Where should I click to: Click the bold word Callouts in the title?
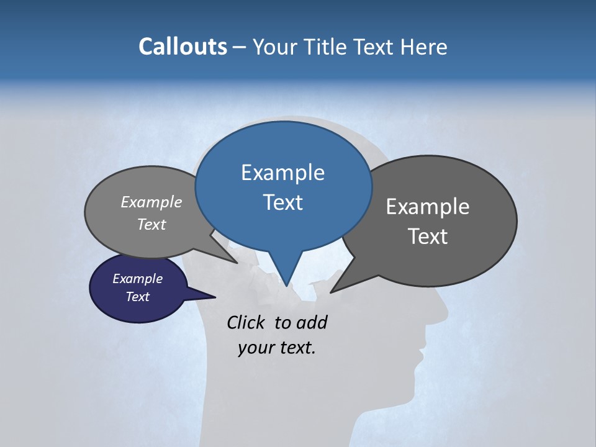click(183, 47)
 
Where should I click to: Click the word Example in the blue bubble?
click(282, 173)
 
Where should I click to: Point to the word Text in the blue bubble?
click(282, 202)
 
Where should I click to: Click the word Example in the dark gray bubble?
click(428, 207)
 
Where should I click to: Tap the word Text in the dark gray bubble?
click(428, 237)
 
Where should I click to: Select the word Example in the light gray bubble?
click(151, 202)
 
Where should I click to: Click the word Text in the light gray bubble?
click(151, 224)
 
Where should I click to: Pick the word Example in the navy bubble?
click(137, 279)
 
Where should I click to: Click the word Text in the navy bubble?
click(137, 297)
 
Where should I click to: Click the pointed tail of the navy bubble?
click(214, 297)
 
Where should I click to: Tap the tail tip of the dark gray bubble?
click(332, 291)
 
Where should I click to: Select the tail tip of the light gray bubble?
click(237, 263)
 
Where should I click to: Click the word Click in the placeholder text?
click(247, 322)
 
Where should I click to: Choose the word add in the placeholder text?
click(311, 322)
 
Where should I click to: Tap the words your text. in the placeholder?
click(277, 348)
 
